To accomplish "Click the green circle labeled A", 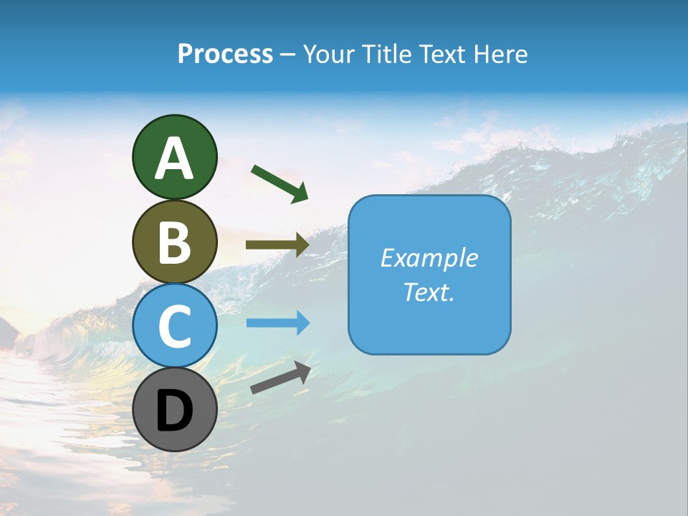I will pos(175,157).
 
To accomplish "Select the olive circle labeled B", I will pos(175,242).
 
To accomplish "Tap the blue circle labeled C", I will pos(175,325).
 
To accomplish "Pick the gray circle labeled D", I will pos(175,409).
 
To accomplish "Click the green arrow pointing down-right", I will pos(279,183).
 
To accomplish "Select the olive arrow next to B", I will pos(277,244).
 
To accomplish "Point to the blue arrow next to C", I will pos(277,323).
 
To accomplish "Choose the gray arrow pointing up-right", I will pos(280,378).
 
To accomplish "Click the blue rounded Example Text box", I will pos(429,274).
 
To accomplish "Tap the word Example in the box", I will pos(429,258).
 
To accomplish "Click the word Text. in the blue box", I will pos(429,292).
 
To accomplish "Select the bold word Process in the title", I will pos(225,54).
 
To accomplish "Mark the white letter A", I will pos(175,158).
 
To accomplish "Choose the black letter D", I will pos(175,411).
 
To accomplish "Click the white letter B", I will pos(175,242).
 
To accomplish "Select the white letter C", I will pos(175,326).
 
